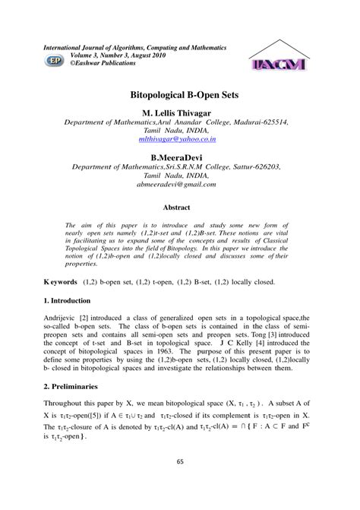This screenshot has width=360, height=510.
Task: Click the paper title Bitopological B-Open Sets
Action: click(179, 98)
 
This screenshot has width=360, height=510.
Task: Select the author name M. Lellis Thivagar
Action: click(180, 112)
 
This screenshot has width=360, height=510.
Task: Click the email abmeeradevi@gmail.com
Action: click(180, 184)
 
